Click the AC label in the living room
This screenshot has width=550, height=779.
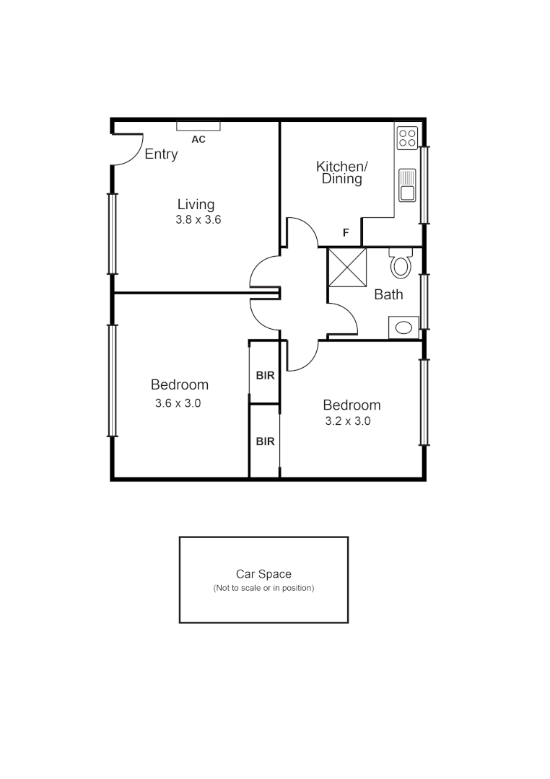tap(198, 139)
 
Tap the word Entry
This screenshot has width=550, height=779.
tap(161, 154)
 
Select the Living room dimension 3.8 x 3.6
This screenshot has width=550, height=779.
tap(198, 220)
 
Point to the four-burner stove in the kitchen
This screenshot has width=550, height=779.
tap(407, 137)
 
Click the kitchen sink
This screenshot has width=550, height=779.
tap(407, 185)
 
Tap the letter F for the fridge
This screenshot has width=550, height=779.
tap(346, 233)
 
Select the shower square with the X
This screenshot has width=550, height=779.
tap(347, 267)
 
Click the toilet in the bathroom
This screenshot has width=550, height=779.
tap(400, 264)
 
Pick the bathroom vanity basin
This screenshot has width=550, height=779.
tap(403, 327)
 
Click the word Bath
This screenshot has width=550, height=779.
tap(388, 294)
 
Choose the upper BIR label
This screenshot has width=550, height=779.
tap(265, 376)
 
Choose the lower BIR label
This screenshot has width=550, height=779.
tap(265, 441)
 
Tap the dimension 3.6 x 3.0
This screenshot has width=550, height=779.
tap(178, 404)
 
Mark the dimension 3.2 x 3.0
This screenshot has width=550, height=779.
tap(348, 421)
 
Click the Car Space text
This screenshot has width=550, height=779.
tap(263, 574)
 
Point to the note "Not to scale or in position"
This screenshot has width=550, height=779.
tap(263, 589)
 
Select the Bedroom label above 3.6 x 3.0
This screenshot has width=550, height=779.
tap(179, 385)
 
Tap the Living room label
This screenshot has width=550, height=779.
tap(196, 205)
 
